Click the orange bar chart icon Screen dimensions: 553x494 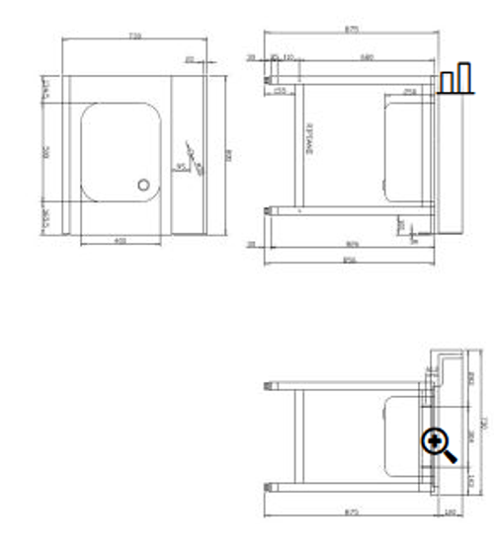pos(455,79)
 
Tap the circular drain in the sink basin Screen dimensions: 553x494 pos(145,185)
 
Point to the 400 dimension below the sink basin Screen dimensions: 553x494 pos(120,241)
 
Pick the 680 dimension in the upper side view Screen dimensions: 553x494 pos(368,56)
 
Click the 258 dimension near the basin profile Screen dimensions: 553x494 pos(409,91)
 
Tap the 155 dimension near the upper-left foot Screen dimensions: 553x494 pos(281,91)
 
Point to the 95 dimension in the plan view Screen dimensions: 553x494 pos(181,167)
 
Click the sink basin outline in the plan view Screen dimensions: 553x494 pos(120,151)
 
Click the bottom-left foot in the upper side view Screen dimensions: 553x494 pos(271,208)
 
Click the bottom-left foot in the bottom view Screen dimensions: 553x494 pos(271,485)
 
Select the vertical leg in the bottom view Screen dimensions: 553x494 pos(296,434)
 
